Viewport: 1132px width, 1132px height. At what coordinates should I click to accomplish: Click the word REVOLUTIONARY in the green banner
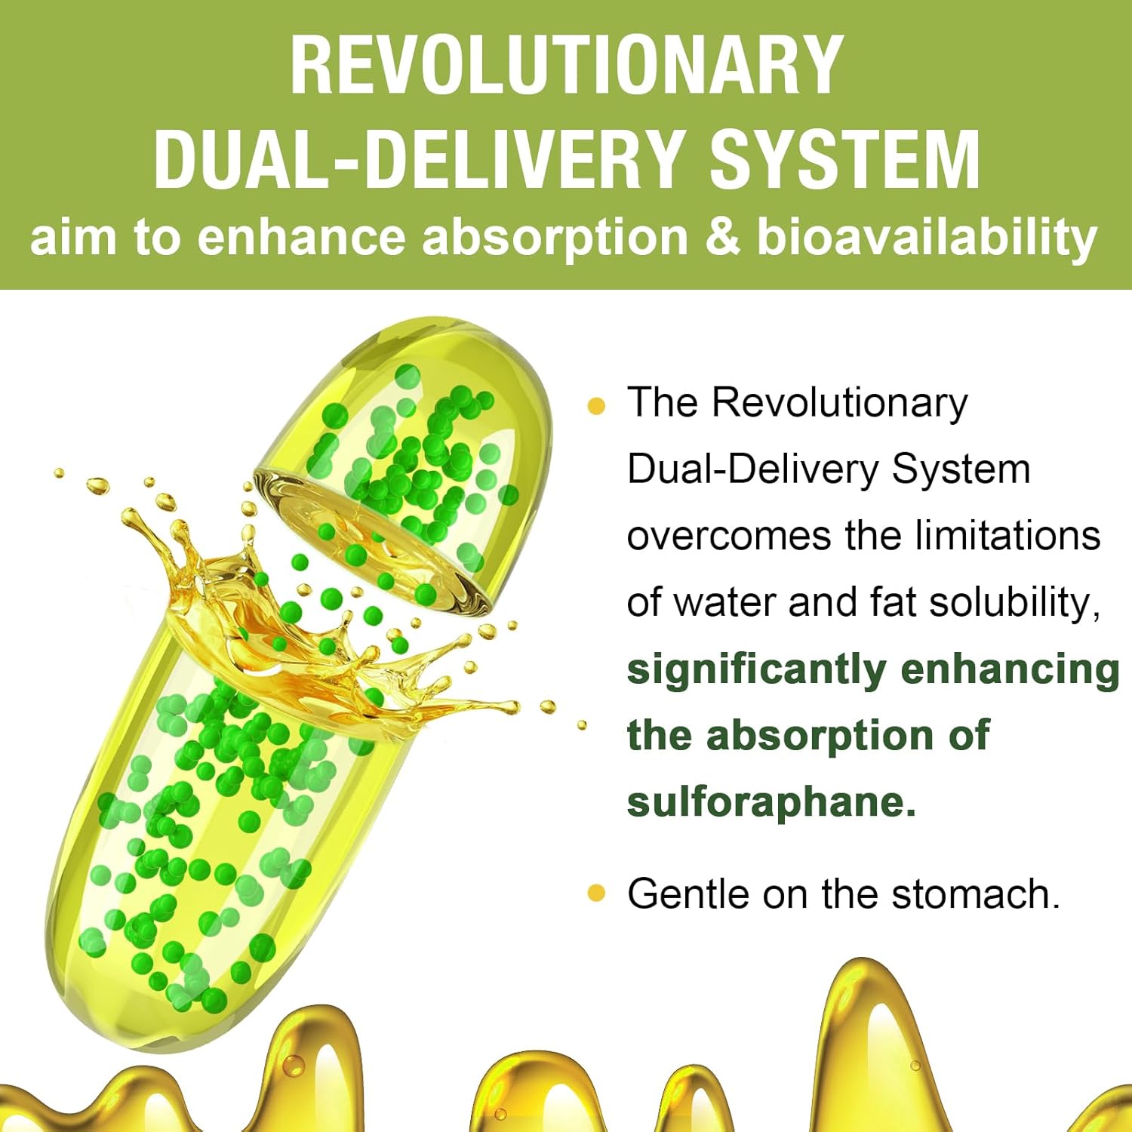click(566, 66)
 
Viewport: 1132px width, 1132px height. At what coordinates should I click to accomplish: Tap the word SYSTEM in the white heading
click(845, 160)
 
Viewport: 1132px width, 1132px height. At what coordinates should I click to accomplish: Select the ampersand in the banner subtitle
click(722, 237)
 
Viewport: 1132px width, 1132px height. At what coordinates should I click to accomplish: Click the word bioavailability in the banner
click(926, 237)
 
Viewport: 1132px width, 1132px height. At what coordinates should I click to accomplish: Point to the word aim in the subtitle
click(72, 237)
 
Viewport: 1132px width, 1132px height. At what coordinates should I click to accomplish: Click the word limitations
click(1007, 536)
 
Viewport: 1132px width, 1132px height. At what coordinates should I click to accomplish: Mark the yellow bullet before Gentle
click(596, 894)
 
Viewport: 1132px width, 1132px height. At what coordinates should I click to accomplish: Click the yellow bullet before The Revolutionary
click(596, 406)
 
